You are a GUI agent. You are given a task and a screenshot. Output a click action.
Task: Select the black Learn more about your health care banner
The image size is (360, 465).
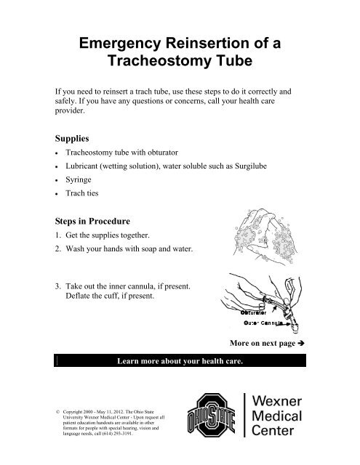point(180,360)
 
